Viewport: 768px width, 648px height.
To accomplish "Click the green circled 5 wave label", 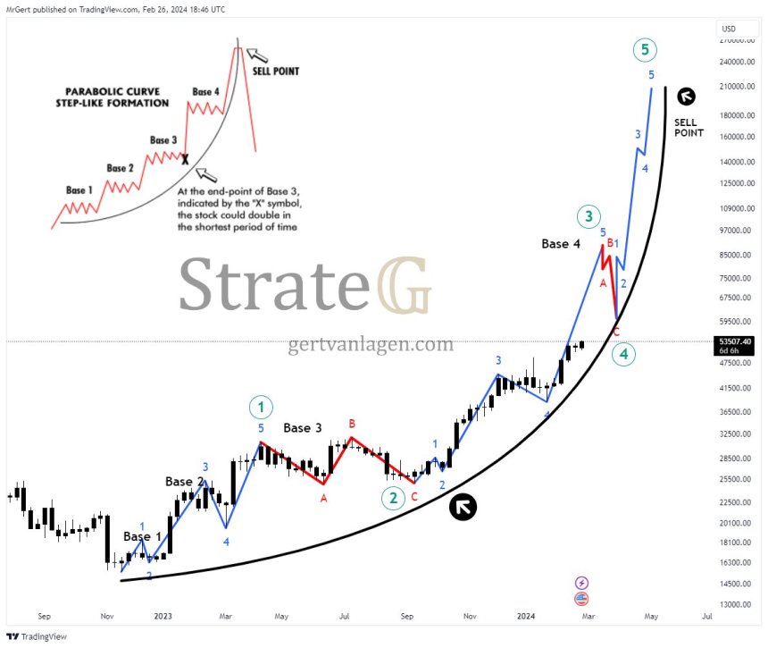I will click(x=645, y=50).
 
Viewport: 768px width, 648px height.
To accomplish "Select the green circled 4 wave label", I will click(x=624, y=355).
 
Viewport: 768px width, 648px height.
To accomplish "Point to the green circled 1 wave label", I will click(x=261, y=408).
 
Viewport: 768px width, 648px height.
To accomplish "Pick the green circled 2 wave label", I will click(x=393, y=498).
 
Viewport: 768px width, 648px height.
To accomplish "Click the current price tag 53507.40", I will click(x=734, y=341).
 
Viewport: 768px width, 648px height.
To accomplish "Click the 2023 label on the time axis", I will click(x=163, y=616).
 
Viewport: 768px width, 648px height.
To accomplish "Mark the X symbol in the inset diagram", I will click(x=185, y=159).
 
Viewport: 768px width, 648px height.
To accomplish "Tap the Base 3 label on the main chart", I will click(x=303, y=428).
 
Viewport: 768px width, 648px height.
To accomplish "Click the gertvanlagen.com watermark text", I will click(x=371, y=344).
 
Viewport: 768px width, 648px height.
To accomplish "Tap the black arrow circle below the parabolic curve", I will click(x=463, y=507).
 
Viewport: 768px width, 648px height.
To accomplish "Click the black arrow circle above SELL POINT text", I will click(x=686, y=97).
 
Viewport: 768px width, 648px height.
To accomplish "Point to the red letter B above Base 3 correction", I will click(x=352, y=423).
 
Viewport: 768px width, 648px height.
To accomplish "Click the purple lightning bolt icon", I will click(x=582, y=582).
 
